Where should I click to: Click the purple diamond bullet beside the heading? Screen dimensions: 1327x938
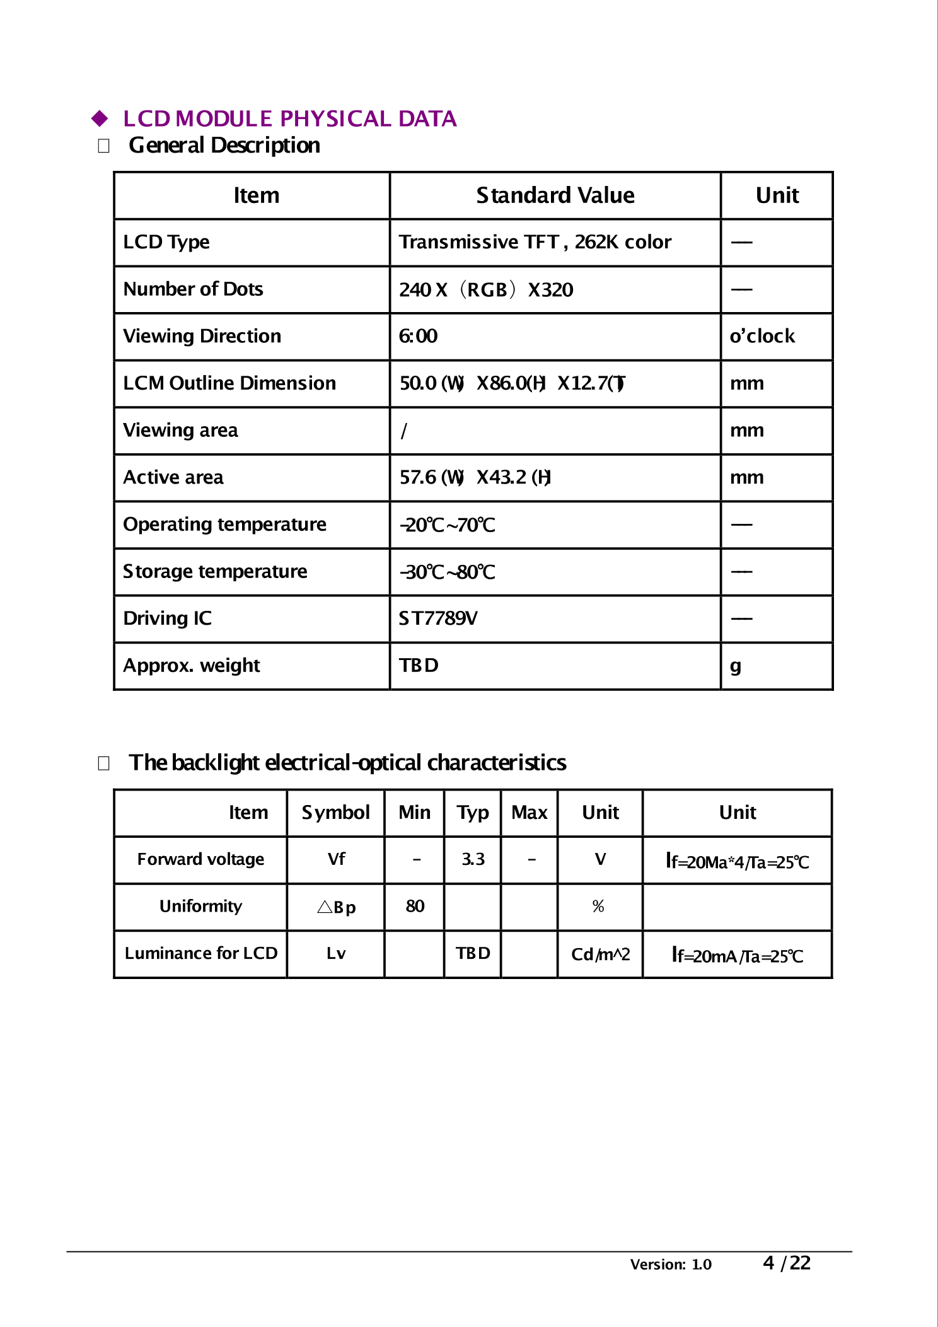pos(100,119)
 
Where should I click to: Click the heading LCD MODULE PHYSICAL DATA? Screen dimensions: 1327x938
pos(289,119)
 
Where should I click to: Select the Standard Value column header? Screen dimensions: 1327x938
pos(555,195)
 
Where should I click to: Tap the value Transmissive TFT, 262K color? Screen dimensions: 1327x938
pos(535,242)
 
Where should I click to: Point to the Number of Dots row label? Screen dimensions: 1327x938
pos(193,289)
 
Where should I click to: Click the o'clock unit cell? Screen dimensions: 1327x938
pos(762,336)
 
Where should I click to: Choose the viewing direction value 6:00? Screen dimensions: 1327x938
pos(418,336)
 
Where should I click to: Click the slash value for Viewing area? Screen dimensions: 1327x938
pos(404,431)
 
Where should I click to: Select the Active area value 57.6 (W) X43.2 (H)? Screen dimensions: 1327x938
pos(475,477)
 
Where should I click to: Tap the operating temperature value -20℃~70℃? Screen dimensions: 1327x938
pos(448,525)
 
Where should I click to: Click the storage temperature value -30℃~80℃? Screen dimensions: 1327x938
pos(448,572)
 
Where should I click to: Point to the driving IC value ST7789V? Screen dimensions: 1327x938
pos(438,618)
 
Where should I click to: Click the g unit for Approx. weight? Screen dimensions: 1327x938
pos(735,666)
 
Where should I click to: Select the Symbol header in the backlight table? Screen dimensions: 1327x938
pos(335,813)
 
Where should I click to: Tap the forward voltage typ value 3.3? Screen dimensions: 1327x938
pos(473,859)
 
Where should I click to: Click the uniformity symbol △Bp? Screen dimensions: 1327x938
pos(336,907)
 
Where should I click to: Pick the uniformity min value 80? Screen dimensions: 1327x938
pos(415,907)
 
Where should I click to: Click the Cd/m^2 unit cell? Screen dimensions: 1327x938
pos(600,954)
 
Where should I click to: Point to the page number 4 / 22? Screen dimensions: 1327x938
pos(786,1263)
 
